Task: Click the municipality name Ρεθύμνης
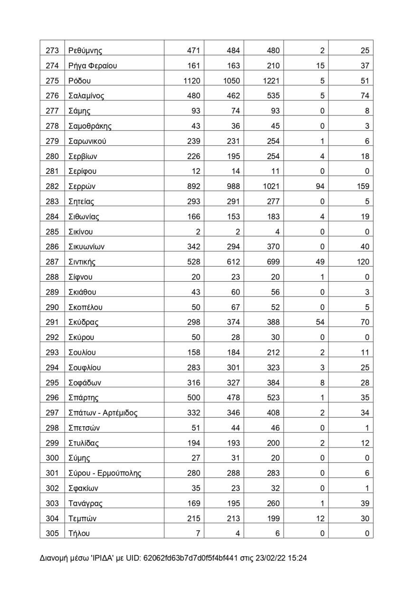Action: (85, 51)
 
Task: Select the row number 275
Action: (52, 81)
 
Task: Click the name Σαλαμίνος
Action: (86, 96)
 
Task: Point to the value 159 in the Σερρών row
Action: (362, 186)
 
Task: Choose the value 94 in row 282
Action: (320, 186)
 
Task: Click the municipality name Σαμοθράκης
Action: (90, 126)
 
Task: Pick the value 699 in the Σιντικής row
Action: (273, 262)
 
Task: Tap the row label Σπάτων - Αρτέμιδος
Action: (103, 413)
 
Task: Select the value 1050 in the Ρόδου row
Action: (231, 81)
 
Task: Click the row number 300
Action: (52, 458)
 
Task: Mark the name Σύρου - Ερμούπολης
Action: (104, 473)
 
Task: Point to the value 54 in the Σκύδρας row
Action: (320, 322)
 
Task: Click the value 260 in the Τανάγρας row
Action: (273, 503)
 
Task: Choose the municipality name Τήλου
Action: (79, 534)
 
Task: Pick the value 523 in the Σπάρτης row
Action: (273, 398)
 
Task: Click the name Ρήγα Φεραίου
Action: (93, 66)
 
